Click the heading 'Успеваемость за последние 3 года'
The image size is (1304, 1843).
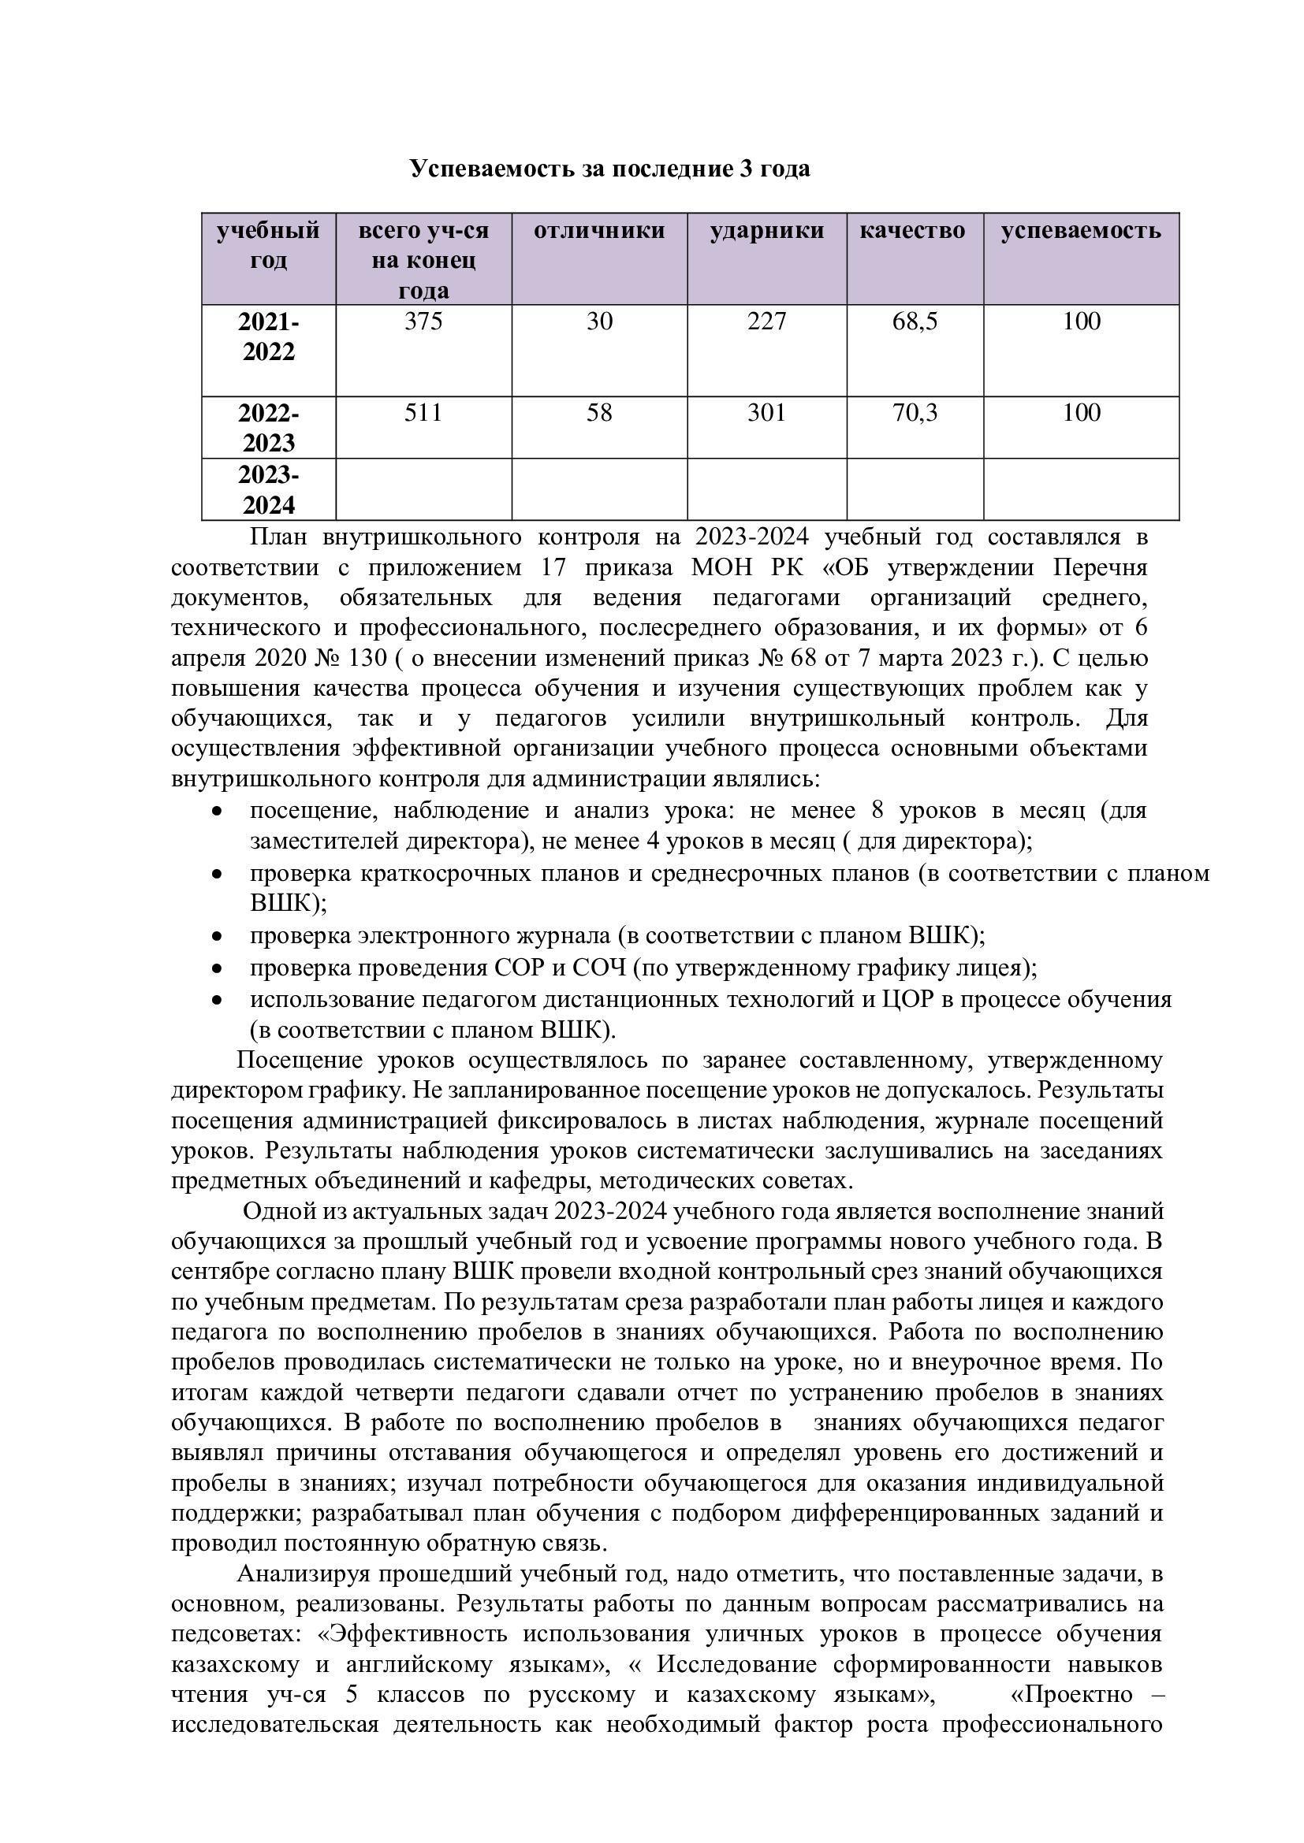point(609,169)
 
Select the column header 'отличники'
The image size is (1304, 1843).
point(599,231)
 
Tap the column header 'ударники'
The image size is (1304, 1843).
point(766,231)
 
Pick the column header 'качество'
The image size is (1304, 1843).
point(912,231)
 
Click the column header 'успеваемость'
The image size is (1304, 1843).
point(1080,231)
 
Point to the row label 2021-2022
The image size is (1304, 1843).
point(268,336)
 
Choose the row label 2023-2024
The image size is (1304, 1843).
point(268,489)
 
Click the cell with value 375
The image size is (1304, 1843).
point(423,322)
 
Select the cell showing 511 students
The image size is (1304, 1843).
point(423,413)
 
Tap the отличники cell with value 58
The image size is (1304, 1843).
point(599,413)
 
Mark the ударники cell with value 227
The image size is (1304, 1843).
point(766,322)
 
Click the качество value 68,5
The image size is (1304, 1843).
point(915,322)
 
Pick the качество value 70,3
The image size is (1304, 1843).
point(915,413)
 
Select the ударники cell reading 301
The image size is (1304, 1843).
point(766,413)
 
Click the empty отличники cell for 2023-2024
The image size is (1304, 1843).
point(599,489)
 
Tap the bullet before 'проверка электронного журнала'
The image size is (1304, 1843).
point(216,937)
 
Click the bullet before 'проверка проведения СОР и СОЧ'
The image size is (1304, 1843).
point(216,969)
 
